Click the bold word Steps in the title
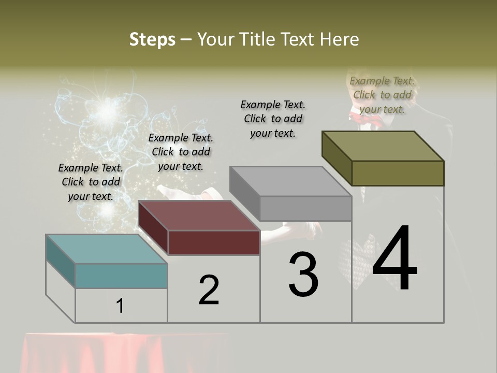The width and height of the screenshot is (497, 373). [x=152, y=39]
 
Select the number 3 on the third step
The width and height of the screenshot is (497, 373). [x=303, y=274]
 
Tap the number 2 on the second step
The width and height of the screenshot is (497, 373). [x=209, y=290]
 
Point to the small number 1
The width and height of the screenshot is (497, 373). [x=120, y=306]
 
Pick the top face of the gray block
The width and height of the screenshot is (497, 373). [x=290, y=181]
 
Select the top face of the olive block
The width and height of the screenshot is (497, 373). [x=383, y=146]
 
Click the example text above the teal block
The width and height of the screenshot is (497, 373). [x=91, y=182]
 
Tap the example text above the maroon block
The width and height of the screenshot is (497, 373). [x=181, y=152]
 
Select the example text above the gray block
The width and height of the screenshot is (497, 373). [x=273, y=119]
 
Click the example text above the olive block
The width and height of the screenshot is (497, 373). [x=382, y=95]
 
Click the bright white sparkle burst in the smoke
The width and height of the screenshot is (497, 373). [x=108, y=110]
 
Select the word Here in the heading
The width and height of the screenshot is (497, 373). [x=339, y=39]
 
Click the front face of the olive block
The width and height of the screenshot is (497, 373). [x=398, y=173]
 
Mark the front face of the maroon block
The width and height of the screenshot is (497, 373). [x=214, y=242]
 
